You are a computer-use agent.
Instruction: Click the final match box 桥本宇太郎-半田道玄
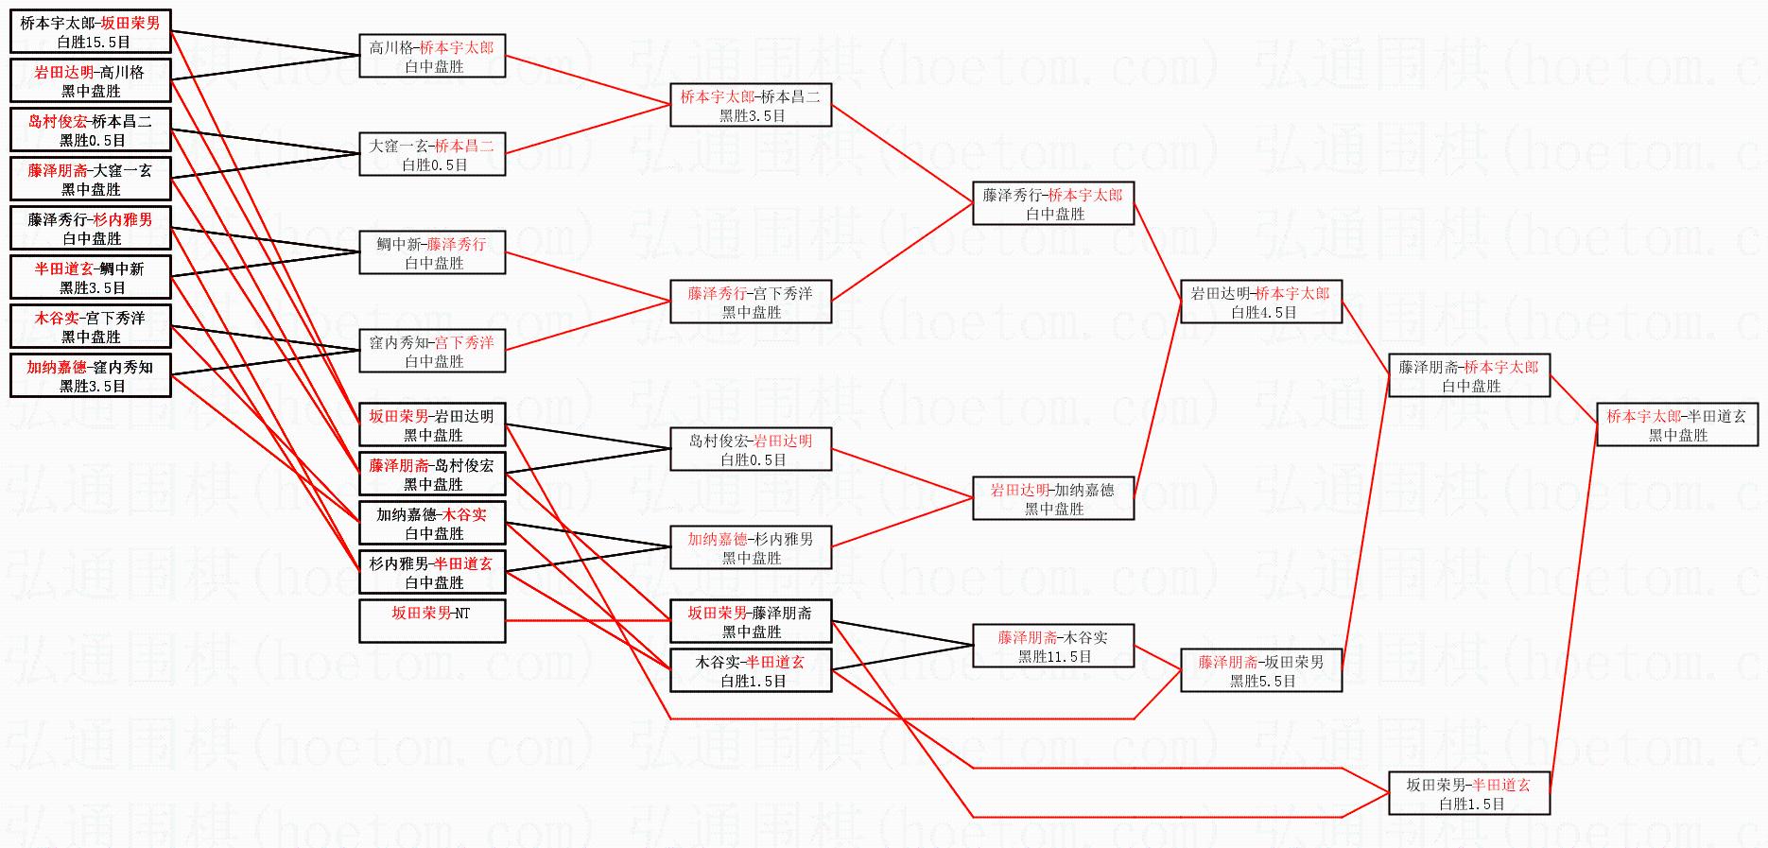[x=1677, y=425]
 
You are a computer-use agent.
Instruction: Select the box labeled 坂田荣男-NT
[x=432, y=621]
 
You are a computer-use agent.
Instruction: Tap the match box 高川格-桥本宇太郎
[x=432, y=56]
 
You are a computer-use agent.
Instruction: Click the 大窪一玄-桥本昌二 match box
[x=432, y=154]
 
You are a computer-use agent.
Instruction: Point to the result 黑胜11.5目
[x=1054, y=656]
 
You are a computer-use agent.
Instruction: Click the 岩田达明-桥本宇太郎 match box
[x=1261, y=302]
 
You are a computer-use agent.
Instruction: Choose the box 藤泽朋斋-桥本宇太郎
[x=1469, y=375]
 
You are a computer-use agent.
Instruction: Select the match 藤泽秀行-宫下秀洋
[x=751, y=302]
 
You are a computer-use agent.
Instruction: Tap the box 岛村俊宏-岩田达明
[x=751, y=449]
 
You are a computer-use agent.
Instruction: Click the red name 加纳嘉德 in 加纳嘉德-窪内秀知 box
[x=56, y=368]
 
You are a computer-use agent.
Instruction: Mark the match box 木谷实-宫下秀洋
[x=91, y=326]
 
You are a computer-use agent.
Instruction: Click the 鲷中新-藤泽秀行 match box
[x=432, y=252]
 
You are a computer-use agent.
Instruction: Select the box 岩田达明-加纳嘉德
[x=1053, y=498]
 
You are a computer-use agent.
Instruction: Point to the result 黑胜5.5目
[x=1262, y=681]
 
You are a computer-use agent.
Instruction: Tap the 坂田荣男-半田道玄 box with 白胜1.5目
[x=1469, y=793]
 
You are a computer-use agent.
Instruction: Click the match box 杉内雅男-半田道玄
[x=432, y=572]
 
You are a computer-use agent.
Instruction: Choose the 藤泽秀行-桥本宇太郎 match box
[x=1053, y=203]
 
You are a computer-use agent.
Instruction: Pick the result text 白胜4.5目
[x=1262, y=312]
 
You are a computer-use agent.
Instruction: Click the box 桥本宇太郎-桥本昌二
[x=751, y=105]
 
